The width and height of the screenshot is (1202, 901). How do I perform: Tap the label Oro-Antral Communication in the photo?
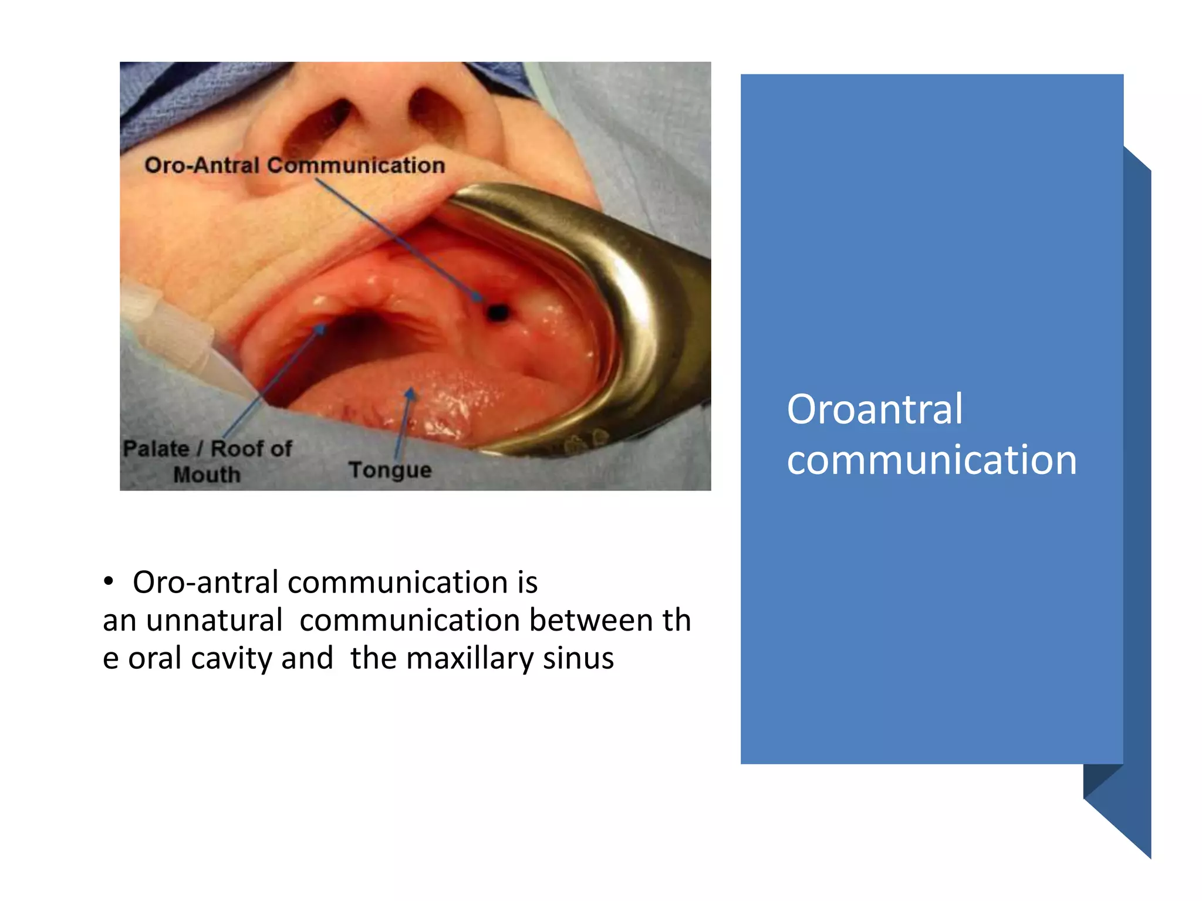pos(295,165)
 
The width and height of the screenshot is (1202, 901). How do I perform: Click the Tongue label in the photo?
pos(390,470)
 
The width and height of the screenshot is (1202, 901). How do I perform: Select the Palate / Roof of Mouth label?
pos(207,461)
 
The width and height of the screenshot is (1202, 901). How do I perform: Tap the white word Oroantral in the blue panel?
pos(875,409)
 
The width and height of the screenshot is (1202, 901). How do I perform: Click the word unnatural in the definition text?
pos(214,620)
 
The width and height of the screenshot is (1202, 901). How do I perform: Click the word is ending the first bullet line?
pos(527,582)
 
